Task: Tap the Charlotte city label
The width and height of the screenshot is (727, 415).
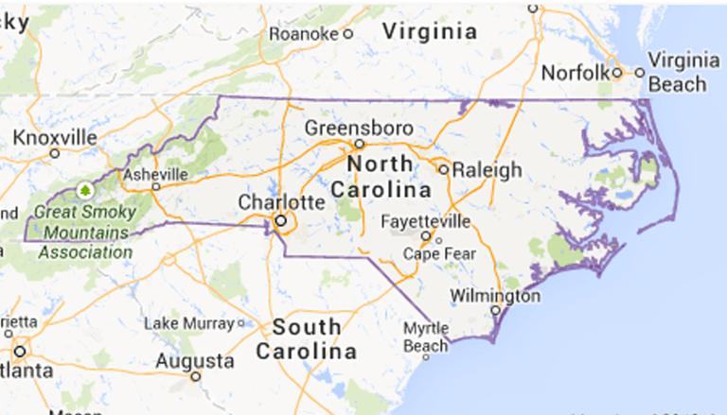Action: pos(281,202)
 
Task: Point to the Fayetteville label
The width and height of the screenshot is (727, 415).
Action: pos(425,221)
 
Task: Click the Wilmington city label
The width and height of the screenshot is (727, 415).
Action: pos(495,296)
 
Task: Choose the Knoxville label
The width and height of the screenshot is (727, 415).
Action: pos(55,138)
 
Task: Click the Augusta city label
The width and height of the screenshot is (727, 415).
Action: pos(194,361)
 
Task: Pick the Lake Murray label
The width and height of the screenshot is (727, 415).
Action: pos(187,324)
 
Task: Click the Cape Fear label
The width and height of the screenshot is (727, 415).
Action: pos(436,253)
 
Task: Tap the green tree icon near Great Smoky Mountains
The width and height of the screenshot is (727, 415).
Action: pos(86,190)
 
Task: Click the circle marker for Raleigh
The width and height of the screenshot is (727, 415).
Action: pos(443,170)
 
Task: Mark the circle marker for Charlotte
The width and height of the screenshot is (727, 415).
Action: pos(280,222)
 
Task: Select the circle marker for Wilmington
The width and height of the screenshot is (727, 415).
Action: pos(495,310)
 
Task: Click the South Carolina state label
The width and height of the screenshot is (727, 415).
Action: pos(307,339)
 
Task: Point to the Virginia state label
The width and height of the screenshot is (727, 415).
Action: pos(429,31)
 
